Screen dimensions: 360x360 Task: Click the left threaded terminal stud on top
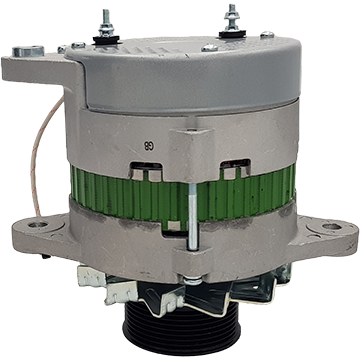[106, 23]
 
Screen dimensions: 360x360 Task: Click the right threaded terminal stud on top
[232, 17]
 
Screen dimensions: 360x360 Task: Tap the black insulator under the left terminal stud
[106, 39]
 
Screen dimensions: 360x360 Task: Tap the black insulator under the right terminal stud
[232, 34]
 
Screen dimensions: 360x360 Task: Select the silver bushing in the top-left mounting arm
[28, 51]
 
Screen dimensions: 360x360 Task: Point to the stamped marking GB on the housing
[149, 146]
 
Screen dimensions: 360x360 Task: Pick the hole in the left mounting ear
[37, 225]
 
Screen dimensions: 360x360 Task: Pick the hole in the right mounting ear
[332, 226]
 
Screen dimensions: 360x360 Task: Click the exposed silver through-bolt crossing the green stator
[193, 217]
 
